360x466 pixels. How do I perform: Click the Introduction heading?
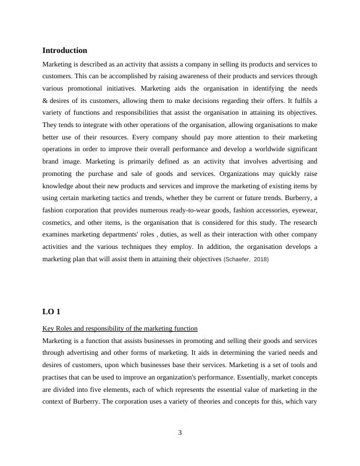65,51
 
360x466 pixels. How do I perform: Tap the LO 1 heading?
51,311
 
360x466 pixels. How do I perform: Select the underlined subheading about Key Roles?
120,328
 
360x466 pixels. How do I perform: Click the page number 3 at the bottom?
180,432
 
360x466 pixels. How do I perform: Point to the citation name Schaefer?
239,259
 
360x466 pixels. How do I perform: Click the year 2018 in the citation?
261,259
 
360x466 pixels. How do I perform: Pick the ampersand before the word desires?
45,100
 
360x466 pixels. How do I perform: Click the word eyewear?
304,209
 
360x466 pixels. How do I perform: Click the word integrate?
92,125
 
